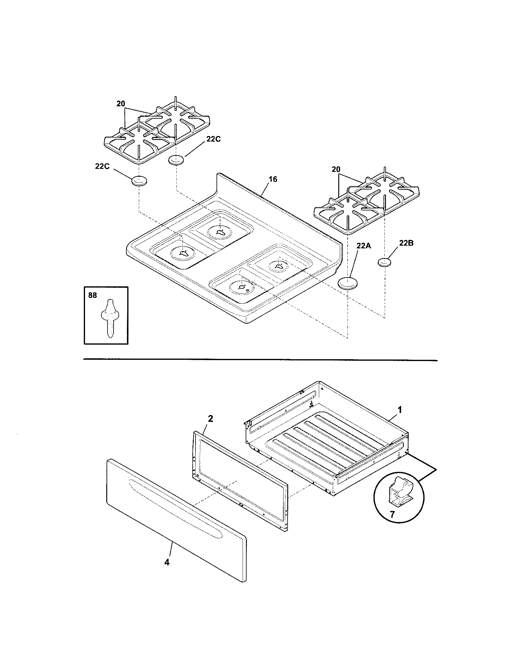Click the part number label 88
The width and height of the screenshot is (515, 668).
(x=92, y=295)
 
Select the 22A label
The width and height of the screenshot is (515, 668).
(x=363, y=246)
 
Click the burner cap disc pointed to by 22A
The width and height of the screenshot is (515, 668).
(x=348, y=283)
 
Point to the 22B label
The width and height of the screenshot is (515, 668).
(x=406, y=243)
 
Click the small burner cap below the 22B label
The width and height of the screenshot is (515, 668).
(x=385, y=262)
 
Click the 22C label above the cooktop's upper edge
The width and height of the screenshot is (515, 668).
(x=213, y=139)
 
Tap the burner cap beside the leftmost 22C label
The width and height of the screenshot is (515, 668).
(x=139, y=181)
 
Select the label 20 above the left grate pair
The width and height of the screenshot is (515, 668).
(x=121, y=104)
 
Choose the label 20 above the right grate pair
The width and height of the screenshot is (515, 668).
(x=336, y=169)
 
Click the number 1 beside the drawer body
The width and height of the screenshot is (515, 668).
(x=399, y=410)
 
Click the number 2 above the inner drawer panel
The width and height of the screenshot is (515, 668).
(x=210, y=419)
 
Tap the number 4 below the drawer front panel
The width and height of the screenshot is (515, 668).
(x=167, y=562)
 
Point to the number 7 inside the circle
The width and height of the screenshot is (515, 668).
(x=392, y=514)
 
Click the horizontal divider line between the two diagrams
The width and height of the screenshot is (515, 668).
(x=260, y=360)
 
